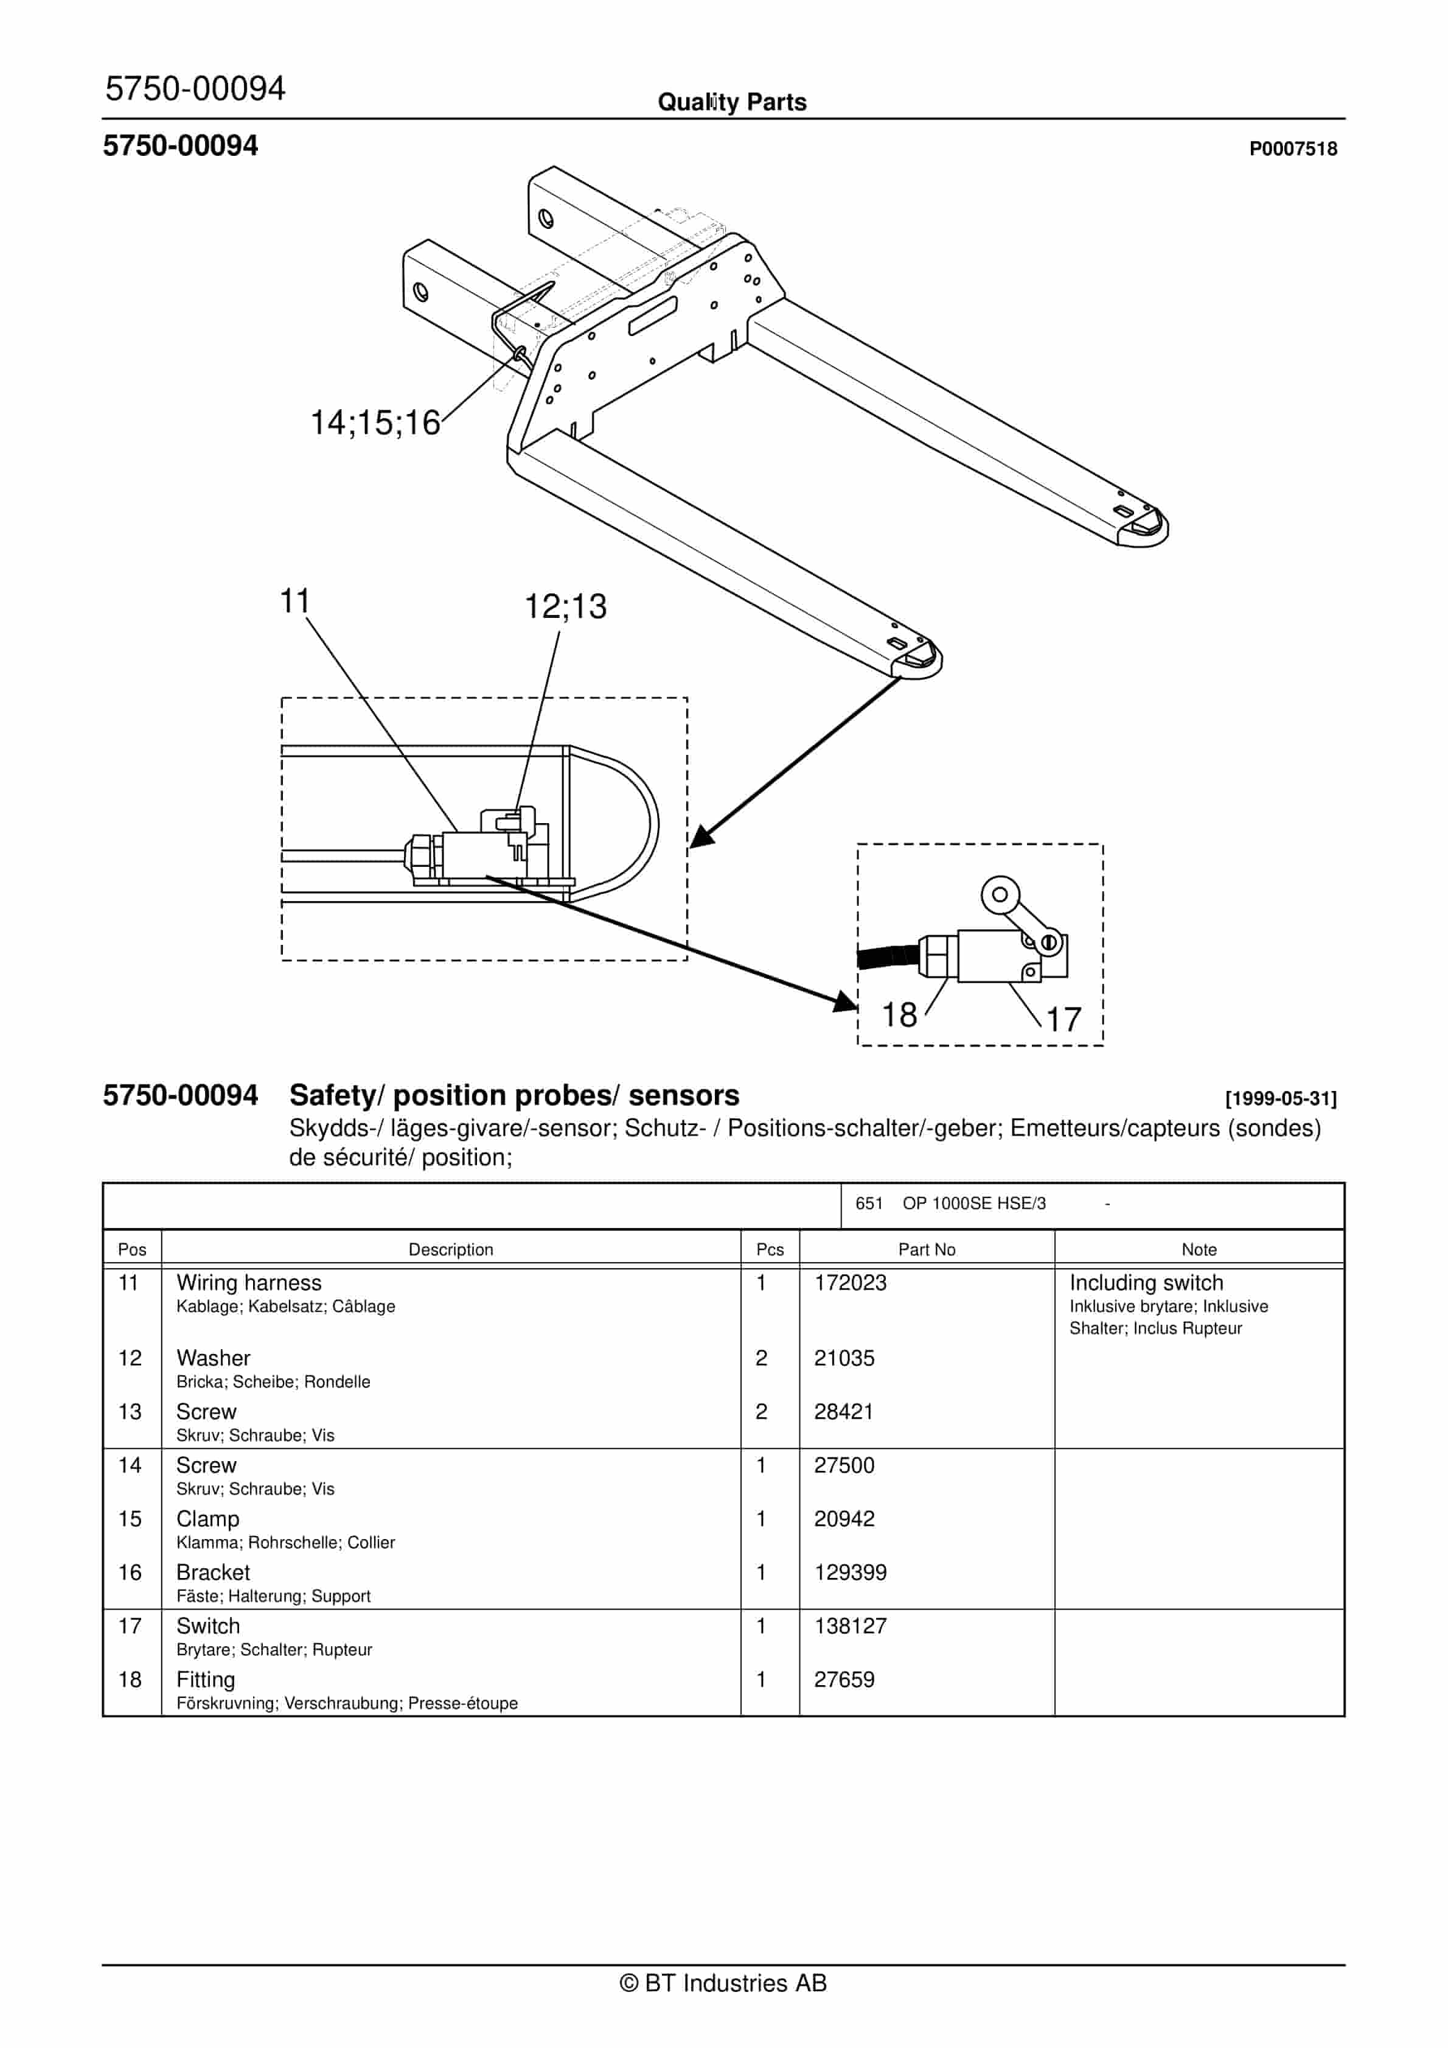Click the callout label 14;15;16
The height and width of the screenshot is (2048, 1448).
375,423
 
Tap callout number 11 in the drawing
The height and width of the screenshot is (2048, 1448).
295,601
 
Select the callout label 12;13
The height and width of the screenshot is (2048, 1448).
565,606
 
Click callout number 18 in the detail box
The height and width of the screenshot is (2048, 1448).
899,1015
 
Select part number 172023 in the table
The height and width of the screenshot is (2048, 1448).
850,1283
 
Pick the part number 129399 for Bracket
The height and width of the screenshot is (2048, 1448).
850,1573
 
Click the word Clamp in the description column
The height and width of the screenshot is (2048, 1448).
207,1519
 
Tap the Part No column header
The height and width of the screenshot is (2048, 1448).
927,1250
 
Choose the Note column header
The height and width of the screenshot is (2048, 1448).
1199,1250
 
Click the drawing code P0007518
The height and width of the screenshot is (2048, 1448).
1292,149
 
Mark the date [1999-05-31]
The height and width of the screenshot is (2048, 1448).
1280,1099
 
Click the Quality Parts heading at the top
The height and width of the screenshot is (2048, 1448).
731,102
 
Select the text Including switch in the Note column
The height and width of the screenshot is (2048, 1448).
1146,1283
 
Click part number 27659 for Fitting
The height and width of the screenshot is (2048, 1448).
843,1680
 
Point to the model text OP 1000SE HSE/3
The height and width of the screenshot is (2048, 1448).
973,1203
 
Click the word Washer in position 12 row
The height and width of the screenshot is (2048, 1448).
213,1358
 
